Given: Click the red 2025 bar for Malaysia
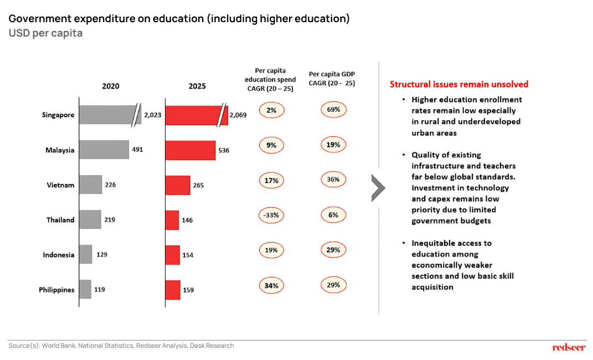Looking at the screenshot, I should pos(190,150).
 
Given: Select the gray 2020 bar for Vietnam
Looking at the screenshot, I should pos(90,184).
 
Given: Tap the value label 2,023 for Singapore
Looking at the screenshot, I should pos(152,115).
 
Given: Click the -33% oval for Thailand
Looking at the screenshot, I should pos(271,215).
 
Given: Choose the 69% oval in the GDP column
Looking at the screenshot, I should pos(333,110).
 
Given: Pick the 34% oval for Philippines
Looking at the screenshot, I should pos(271,286).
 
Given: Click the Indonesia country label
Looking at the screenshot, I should pos(58,255).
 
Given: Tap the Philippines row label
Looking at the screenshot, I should pos(56,290).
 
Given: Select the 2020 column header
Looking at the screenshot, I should pos(110,86).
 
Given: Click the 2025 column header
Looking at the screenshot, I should pos(197,86).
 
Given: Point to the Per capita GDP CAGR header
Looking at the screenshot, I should pos(332,78).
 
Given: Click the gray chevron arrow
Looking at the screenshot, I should pos(378,188).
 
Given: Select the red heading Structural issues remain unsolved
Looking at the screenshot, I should pos(458,84).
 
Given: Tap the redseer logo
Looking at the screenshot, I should pos(569,347).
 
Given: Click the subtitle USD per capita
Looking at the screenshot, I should pos(45,33).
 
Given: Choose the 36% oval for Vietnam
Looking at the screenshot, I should pos(333,179).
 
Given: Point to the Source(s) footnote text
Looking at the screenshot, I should pos(121,346).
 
